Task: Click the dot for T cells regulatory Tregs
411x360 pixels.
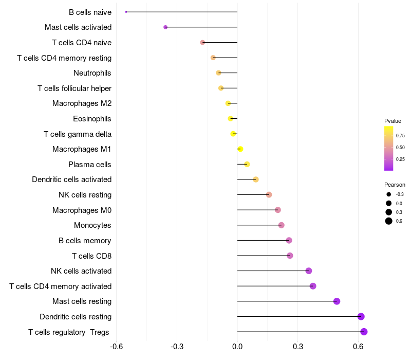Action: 364,332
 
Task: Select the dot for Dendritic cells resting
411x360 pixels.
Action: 361,316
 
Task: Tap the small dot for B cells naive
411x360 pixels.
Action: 126,12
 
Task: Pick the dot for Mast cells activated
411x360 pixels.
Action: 165,27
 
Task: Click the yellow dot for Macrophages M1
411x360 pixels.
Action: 240,149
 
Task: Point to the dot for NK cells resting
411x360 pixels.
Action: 269,195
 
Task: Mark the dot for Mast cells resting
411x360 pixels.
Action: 337,301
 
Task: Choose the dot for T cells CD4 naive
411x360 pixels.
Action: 202,42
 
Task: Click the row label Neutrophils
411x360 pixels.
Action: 92,73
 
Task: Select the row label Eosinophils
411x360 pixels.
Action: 92,119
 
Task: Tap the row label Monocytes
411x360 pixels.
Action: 92,225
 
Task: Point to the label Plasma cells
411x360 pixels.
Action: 89,164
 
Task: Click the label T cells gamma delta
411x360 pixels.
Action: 78,134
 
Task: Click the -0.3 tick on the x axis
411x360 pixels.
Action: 177,347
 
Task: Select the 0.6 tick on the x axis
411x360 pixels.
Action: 358,347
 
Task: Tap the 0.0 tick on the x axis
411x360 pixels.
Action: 237,347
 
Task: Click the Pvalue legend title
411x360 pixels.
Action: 393,121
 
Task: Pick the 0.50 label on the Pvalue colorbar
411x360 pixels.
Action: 400,148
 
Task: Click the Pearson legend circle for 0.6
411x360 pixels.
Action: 389,221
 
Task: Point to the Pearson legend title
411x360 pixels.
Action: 395,185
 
